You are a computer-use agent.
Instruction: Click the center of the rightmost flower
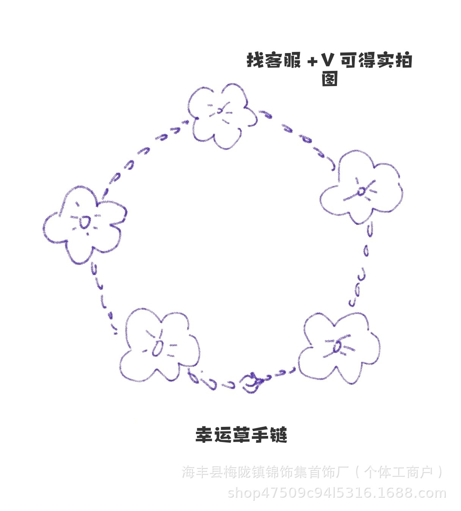tap(361, 191)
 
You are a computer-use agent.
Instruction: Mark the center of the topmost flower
tap(220, 111)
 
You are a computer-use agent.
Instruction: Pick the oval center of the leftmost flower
tap(85, 223)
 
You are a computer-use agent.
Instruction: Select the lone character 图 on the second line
tap(329, 79)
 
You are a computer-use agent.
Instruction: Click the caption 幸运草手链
tap(241, 435)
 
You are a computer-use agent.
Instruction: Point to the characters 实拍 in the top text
tap(394, 61)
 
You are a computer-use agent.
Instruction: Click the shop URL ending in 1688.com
tap(337, 493)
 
